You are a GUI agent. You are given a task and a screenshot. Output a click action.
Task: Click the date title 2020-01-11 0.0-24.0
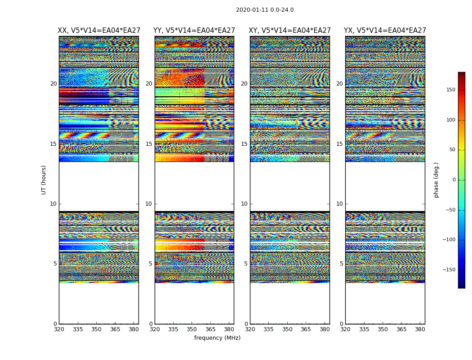265,10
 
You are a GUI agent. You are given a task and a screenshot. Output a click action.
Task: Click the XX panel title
99,31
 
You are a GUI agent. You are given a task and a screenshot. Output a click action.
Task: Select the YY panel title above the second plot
194,31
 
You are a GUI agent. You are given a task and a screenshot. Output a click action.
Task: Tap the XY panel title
290,31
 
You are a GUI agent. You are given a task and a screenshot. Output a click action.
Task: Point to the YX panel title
385,31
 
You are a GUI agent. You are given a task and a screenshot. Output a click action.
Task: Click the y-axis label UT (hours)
44,180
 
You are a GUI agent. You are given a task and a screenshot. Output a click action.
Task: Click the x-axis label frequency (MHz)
217,338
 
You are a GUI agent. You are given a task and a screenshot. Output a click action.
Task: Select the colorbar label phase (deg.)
436,180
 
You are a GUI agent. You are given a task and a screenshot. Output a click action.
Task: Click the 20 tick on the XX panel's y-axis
53,84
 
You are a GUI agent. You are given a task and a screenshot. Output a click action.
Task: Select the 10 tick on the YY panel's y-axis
149,204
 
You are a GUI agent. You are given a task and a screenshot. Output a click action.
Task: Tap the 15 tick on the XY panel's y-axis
244,144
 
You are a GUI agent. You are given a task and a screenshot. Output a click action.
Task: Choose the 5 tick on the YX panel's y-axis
341,264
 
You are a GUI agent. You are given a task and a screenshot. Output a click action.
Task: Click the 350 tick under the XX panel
96,329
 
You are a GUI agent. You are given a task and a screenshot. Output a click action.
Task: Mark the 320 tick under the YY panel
155,329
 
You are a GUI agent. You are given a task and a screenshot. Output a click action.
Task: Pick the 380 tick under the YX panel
420,329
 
